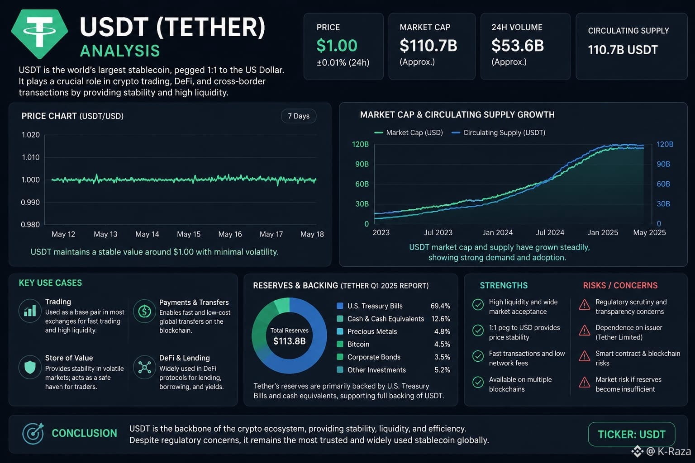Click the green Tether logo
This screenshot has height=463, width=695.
pyautogui.click(x=39, y=33)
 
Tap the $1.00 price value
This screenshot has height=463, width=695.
pyautogui.click(x=337, y=46)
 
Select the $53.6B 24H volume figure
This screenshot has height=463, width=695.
pyautogui.click(x=518, y=45)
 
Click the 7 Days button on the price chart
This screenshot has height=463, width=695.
pyautogui.click(x=299, y=116)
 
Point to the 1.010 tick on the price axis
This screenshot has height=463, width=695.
pyautogui.click(x=31, y=157)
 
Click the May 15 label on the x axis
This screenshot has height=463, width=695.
pyautogui.click(x=189, y=234)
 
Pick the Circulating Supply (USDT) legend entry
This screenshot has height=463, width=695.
pyautogui.click(x=498, y=133)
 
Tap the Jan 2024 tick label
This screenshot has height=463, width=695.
pyautogui.click(x=498, y=232)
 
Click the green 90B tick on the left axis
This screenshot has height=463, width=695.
pyautogui.click(x=362, y=164)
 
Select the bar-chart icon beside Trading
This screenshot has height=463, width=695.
pyautogui.click(x=30, y=311)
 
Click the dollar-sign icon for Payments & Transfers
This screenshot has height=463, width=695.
pyautogui.click(x=144, y=311)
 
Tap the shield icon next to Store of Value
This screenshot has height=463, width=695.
pyautogui.click(x=30, y=367)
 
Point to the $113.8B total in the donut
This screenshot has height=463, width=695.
pyautogui.click(x=290, y=341)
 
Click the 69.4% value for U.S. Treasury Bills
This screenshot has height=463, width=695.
pyautogui.click(x=440, y=306)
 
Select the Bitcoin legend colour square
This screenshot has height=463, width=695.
pyautogui.click(x=340, y=344)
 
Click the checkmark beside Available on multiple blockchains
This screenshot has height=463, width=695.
pyautogui.click(x=478, y=383)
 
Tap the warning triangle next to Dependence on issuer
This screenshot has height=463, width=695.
pyautogui.click(x=585, y=331)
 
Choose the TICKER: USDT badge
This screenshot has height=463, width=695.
pyautogui.click(x=631, y=434)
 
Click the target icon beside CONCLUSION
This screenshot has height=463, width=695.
pyautogui.click(x=33, y=433)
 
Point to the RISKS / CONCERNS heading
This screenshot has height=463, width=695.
pyautogui.click(x=620, y=285)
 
